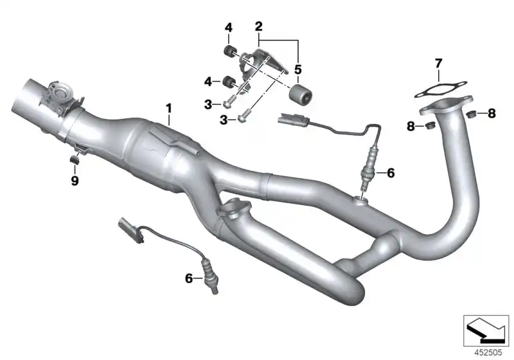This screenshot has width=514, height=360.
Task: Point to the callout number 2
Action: [259, 26]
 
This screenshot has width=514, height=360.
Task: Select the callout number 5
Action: [297, 68]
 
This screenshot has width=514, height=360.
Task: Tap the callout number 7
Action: [438, 63]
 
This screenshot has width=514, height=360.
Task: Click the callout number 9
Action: [75, 181]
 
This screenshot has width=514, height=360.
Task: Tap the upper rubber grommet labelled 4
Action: [227, 51]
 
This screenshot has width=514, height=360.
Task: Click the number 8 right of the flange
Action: [492, 114]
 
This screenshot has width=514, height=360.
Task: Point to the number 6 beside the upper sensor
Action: [390, 172]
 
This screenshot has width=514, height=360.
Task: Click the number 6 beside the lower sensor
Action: [189, 278]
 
